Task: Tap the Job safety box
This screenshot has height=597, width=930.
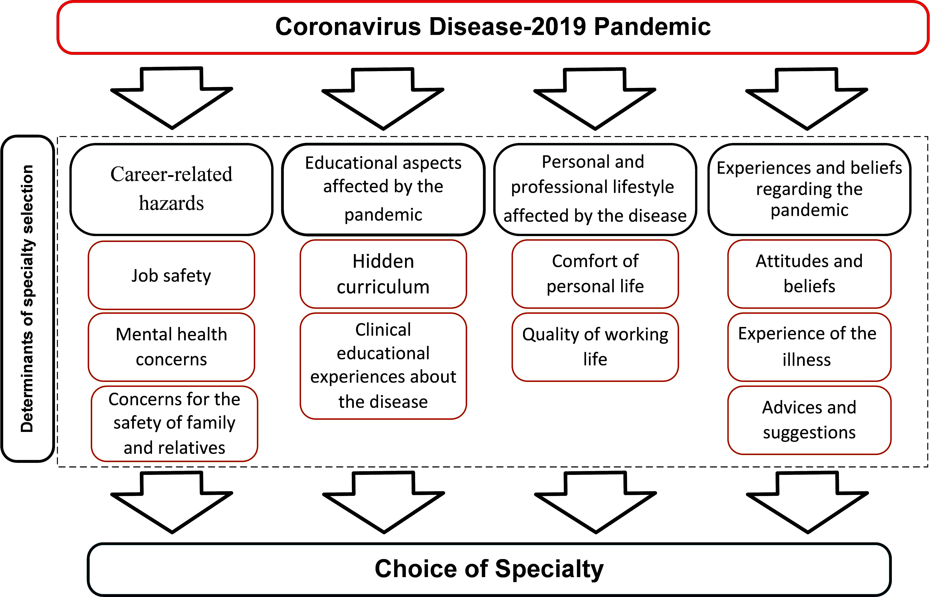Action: point(171,275)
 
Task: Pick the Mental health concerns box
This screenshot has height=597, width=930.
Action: point(171,347)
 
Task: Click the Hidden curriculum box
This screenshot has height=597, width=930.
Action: point(383,274)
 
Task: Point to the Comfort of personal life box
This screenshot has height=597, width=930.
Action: point(595,274)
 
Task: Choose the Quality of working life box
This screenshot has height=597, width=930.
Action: point(595,347)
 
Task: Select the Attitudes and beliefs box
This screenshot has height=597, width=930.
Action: point(809,274)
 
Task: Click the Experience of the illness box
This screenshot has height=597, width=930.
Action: point(809,347)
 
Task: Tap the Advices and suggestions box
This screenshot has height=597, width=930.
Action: point(809,420)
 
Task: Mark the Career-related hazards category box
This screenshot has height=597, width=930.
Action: point(171,189)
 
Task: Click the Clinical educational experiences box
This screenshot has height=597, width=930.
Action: point(383,366)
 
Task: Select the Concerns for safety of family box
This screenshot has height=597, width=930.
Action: point(174,424)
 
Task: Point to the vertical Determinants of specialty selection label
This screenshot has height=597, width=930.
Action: point(27,298)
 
